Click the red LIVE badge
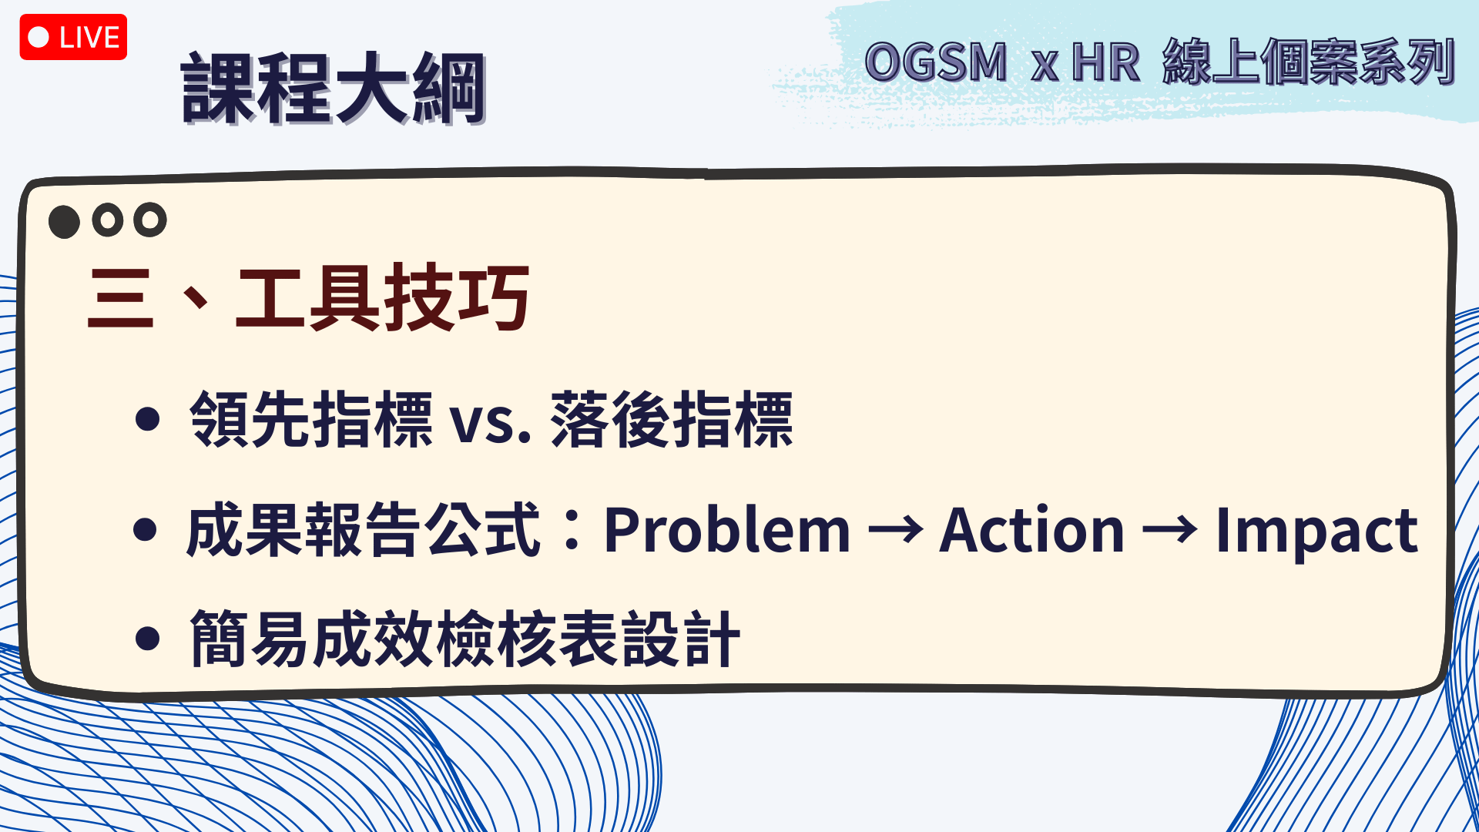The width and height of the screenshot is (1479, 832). click(x=73, y=37)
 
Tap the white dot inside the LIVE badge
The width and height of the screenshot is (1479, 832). click(x=39, y=37)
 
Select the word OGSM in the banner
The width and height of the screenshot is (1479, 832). click(x=936, y=62)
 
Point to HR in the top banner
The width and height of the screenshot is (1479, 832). click(x=1105, y=62)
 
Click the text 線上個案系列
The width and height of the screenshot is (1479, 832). click(x=1309, y=62)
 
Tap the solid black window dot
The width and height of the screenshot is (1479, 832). click(x=64, y=222)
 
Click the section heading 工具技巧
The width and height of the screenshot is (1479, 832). click(x=383, y=297)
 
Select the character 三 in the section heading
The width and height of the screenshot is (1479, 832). click(x=120, y=298)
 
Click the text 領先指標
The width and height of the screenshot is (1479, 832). click(x=311, y=419)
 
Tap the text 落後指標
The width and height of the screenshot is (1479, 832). click(x=672, y=419)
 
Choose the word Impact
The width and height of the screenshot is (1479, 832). click(x=1316, y=532)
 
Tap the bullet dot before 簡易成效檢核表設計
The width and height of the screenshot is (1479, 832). click(x=146, y=639)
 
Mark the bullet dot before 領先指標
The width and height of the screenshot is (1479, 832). click(x=146, y=419)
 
